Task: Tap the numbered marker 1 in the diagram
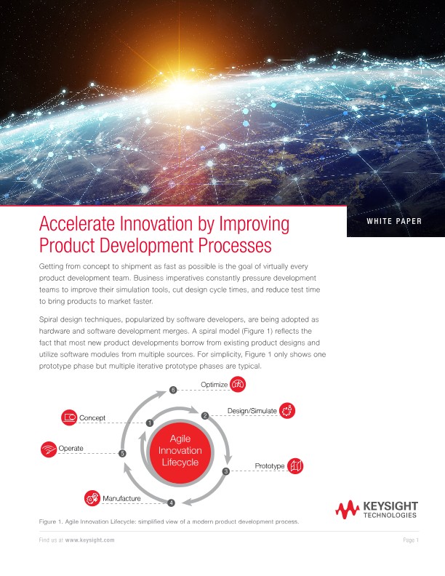[x=149, y=423]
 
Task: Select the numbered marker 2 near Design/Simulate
[x=205, y=415]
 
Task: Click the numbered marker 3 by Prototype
[x=225, y=471]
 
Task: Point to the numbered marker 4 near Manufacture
[x=171, y=503]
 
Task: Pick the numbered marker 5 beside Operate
[x=122, y=453]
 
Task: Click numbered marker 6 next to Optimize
[x=173, y=391]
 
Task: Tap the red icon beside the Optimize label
[x=238, y=384]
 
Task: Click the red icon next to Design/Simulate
[x=287, y=411]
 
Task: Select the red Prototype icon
[x=295, y=465]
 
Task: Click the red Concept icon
[x=69, y=417]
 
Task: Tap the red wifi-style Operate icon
[x=49, y=448]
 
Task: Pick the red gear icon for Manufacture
[x=92, y=498]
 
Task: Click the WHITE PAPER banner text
[x=393, y=221]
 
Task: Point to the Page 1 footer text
[x=410, y=540]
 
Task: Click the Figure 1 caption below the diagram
[x=168, y=522]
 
